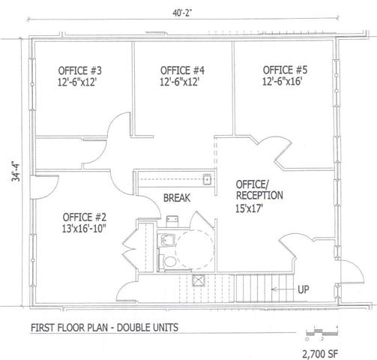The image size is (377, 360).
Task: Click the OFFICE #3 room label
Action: point(80,70)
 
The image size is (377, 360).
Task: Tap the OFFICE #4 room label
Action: point(182,70)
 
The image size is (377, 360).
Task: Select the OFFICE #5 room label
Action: point(285,70)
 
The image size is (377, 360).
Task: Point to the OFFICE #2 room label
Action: point(85,217)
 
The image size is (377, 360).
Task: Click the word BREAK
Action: point(177,198)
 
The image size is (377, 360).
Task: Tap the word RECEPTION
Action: point(259,195)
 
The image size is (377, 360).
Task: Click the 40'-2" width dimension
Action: point(182,13)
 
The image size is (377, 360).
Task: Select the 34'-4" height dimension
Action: point(16,172)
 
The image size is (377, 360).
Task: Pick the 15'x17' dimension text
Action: point(250,208)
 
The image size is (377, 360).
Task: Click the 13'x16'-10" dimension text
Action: point(84,229)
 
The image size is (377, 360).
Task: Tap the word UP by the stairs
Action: point(304,289)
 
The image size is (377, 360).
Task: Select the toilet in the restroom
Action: point(169,261)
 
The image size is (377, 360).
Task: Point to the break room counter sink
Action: point(207,179)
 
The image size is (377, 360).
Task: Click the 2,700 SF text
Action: point(320,354)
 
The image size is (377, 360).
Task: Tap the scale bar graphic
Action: point(322,332)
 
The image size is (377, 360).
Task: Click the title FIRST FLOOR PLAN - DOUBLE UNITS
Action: point(104,327)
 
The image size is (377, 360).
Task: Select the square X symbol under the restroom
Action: point(199,280)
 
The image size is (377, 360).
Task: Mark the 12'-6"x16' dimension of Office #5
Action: point(283,81)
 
